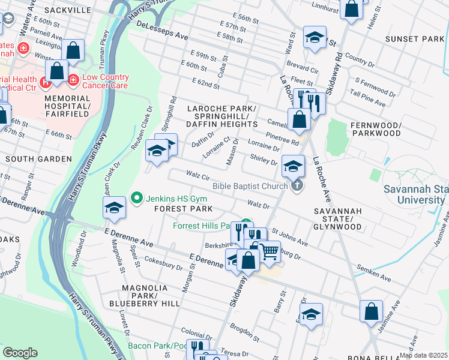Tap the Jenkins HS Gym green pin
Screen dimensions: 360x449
[137, 197]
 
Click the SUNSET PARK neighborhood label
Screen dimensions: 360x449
[420, 39]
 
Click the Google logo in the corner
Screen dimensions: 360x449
[20, 353]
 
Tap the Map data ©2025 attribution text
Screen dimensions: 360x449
[423, 355]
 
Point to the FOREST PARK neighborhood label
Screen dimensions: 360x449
[184, 209]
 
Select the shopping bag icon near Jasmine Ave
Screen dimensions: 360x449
[371, 311]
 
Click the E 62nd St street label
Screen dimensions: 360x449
[206, 83]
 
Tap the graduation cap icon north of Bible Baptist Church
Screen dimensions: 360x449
[293, 166]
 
